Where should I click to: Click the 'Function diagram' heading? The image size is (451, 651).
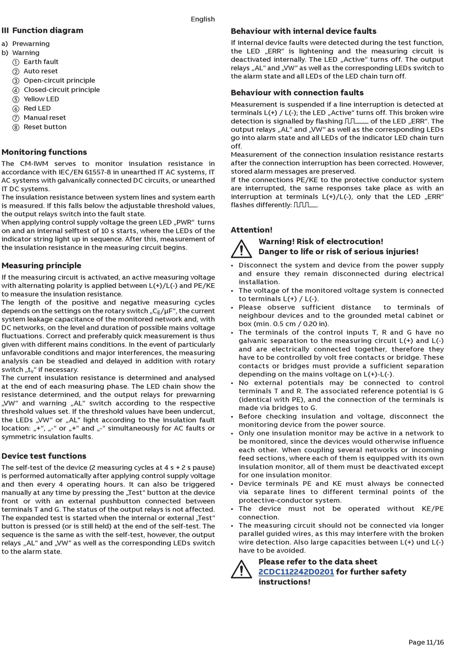point(47,30)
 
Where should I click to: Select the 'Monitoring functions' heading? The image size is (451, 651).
point(44,152)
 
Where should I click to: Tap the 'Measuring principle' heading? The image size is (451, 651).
point(41,266)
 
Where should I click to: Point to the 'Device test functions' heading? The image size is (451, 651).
point(44,456)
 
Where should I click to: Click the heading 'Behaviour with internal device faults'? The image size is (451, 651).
point(303,31)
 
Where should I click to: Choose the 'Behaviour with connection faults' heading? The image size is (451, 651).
point(297,93)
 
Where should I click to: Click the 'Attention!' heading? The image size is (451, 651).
point(252,230)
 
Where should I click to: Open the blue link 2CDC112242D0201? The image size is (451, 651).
point(296,572)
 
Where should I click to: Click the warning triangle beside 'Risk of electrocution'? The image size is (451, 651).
point(242,248)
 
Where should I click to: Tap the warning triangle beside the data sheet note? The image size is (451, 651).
point(242,569)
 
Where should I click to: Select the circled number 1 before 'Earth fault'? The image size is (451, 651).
point(16,62)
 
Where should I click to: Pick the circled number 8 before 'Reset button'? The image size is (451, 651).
point(16,127)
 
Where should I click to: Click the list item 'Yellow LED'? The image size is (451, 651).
point(41,99)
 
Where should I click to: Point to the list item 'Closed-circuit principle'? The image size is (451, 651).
point(62,90)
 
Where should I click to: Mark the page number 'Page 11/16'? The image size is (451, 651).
point(426,642)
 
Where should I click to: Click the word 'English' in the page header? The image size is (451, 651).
point(203,19)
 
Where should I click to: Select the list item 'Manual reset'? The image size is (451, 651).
point(45,117)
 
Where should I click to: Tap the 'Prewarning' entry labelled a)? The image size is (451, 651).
point(31,44)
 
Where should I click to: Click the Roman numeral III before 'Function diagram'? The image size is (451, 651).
point(5,30)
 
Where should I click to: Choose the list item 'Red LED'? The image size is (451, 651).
point(37,108)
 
